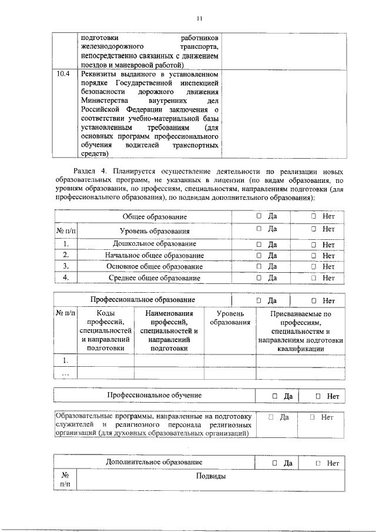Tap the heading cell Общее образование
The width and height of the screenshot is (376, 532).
(x=155, y=218)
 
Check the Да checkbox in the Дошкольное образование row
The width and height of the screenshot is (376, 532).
(x=259, y=244)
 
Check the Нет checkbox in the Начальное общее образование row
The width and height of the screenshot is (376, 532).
(x=314, y=255)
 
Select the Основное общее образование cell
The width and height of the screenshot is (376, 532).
(x=155, y=266)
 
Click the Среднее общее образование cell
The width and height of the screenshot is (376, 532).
(x=155, y=277)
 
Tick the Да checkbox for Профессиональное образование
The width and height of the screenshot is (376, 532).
(x=259, y=301)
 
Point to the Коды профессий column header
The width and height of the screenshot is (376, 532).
(x=106, y=331)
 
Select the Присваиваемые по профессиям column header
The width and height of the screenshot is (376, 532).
(x=301, y=331)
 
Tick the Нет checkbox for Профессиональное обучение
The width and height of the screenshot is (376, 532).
(x=318, y=396)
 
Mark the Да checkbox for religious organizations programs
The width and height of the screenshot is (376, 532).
(x=271, y=417)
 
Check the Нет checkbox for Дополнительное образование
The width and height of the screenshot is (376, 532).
(x=318, y=463)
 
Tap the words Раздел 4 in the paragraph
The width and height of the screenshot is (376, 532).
(x=87, y=169)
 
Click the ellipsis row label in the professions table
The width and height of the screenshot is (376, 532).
(x=66, y=373)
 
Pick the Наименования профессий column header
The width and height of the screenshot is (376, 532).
(x=169, y=331)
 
